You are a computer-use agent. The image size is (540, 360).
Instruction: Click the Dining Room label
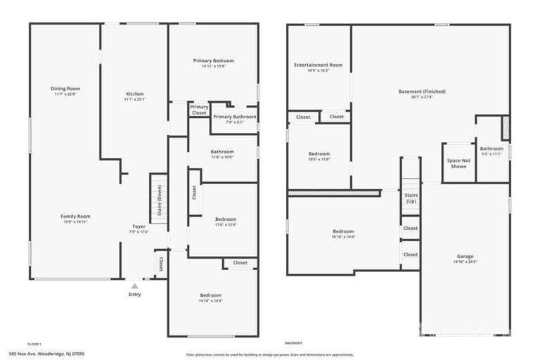click(x=65, y=89)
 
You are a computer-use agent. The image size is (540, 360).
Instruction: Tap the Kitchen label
click(x=134, y=94)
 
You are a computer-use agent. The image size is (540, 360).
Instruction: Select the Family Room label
click(x=75, y=216)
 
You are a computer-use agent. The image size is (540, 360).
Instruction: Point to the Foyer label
click(x=139, y=226)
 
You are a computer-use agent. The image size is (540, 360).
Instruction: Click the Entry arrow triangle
click(x=134, y=286)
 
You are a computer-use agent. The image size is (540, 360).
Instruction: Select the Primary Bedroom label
click(x=213, y=60)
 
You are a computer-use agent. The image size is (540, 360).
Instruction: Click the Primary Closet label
click(x=199, y=110)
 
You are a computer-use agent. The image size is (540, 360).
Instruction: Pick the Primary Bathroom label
click(x=234, y=117)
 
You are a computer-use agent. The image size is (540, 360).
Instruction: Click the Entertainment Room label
click(x=319, y=65)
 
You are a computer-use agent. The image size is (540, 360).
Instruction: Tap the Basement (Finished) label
click(x=422, y=91)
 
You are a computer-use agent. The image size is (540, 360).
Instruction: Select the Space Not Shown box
click(x=458, y=163)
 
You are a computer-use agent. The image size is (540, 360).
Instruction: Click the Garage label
click(x=465, y=256)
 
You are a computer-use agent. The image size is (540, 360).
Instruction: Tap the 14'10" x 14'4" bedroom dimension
click(x=210, y=301)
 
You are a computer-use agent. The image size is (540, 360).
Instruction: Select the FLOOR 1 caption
click(x=34, y=342)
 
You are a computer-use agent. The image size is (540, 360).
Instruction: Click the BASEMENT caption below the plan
click(x=293, y=342)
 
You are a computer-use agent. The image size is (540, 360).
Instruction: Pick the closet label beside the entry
click(x=160, y=264)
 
